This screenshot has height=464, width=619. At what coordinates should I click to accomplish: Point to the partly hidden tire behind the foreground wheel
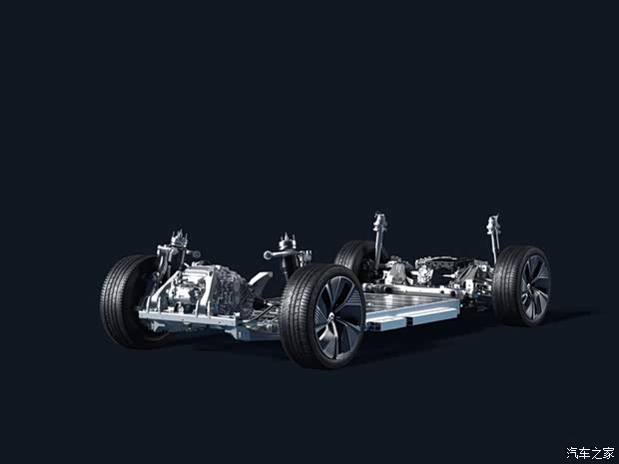pyautogui.click(x=352, y=255)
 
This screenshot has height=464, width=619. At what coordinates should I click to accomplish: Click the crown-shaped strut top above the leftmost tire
pyautogui.click(x=179, y=238)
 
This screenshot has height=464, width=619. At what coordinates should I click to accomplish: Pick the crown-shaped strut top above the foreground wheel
pyautogui.click(x=288, y=241)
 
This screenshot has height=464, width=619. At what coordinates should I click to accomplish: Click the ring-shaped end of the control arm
pyautogui.click(x=268, y=255)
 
